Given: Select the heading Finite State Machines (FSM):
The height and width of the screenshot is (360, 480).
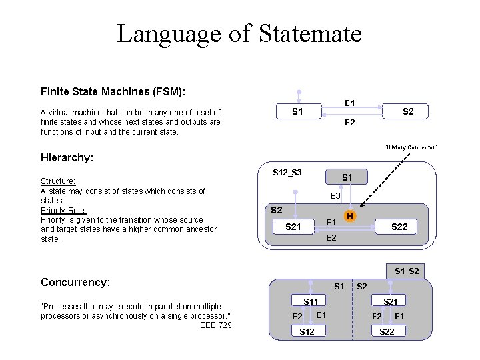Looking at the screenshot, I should click(113, 91).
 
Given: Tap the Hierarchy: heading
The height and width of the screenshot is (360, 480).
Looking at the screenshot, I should click(67, 158).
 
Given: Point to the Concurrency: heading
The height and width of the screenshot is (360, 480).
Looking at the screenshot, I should click(75, 282).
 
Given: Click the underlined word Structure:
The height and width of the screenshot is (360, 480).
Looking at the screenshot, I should click(58, 181).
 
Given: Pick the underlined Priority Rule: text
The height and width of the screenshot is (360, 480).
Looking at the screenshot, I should click(63, 210).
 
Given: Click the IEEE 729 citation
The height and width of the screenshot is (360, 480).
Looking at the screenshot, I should click(215, 325).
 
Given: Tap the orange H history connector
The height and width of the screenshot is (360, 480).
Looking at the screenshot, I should click(349, 216).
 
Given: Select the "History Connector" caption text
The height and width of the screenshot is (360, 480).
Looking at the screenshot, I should click(410, 147).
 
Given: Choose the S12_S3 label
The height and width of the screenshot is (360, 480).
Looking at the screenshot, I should click(287, 173).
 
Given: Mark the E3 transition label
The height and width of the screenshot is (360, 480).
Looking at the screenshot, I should click(336, 196).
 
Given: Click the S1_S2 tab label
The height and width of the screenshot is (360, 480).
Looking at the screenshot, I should click(407, 271).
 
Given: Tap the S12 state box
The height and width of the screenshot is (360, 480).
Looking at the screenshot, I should click(307, 331).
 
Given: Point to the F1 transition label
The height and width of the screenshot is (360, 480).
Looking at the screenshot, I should click(400, 315).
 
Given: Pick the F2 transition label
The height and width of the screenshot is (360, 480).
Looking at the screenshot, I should click(377, 315).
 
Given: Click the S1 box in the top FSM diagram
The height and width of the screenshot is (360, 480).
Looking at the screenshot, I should click(298, 111).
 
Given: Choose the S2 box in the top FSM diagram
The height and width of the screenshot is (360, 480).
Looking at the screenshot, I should click(407, 111).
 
